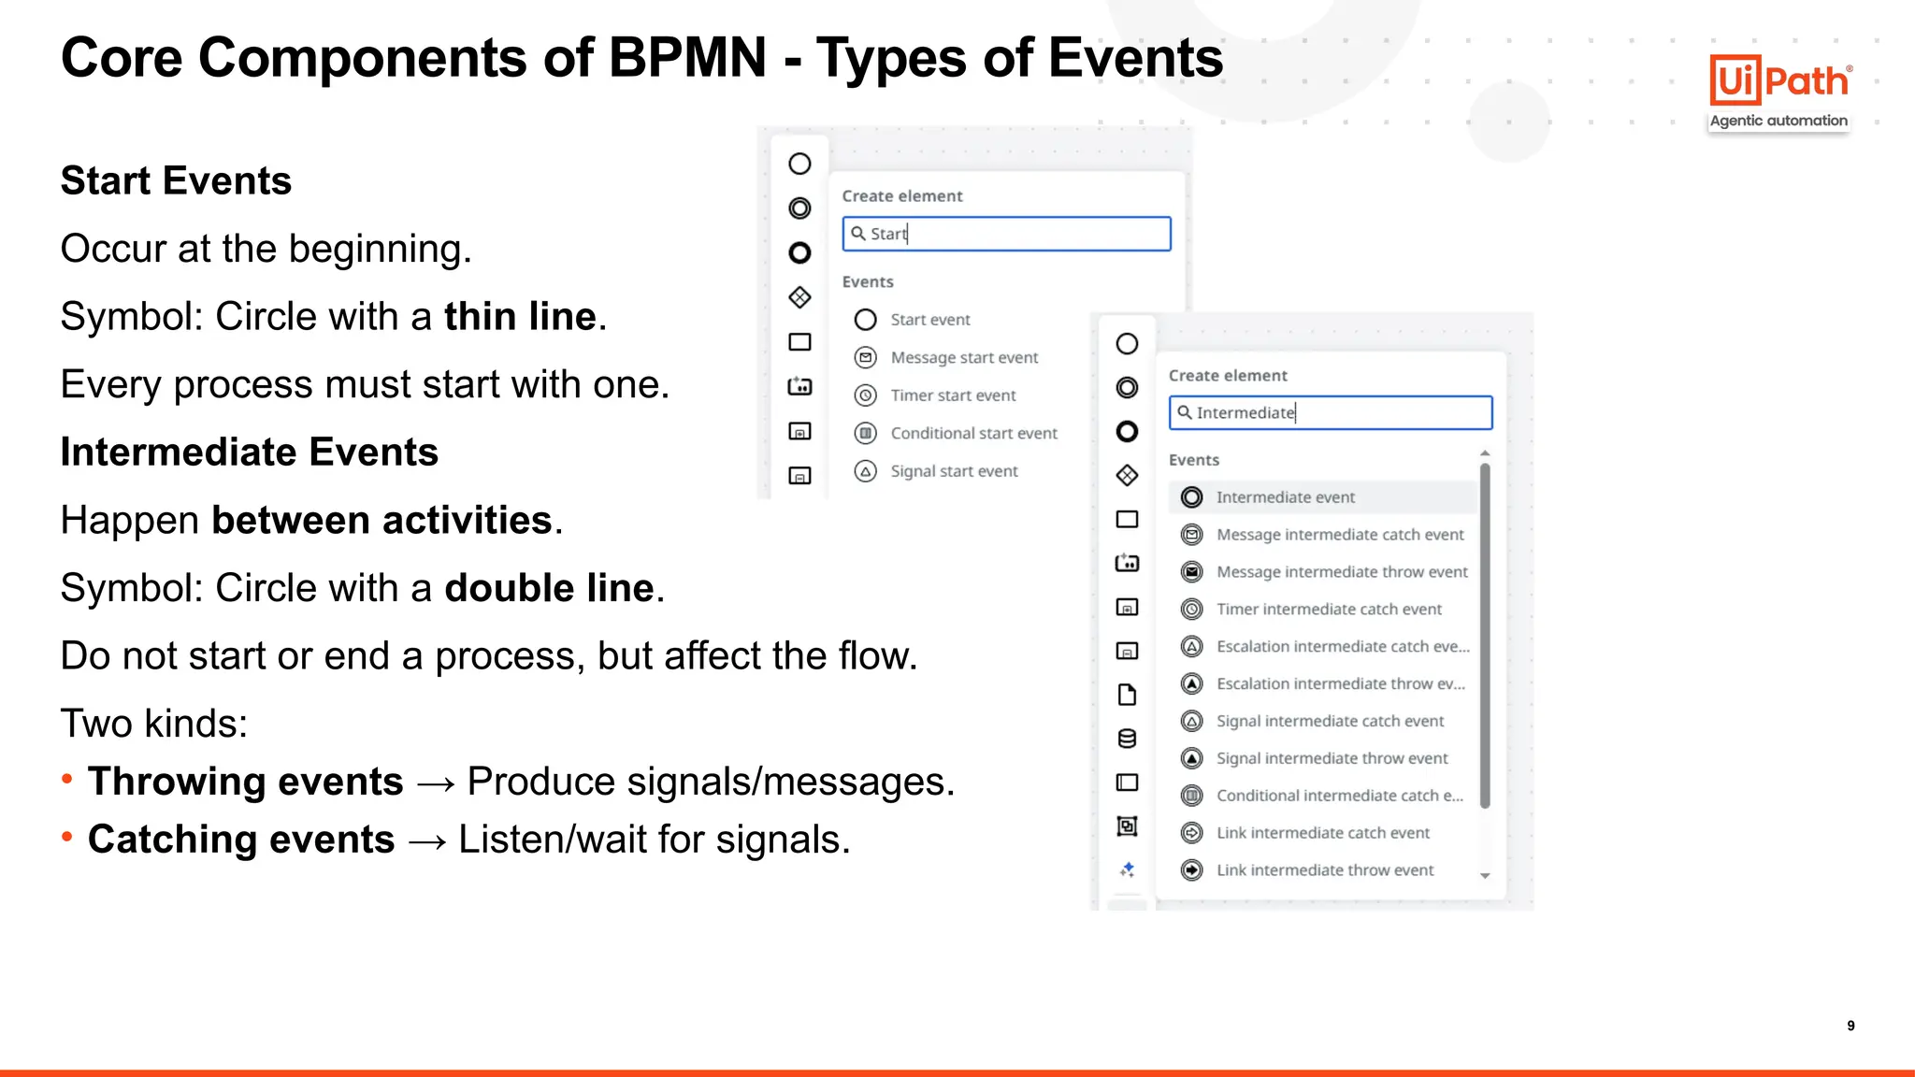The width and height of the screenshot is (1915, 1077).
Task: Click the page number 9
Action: [1850, 1026]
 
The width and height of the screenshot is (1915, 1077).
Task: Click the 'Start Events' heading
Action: [176, 180]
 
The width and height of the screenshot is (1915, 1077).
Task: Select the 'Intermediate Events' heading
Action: [249, 452]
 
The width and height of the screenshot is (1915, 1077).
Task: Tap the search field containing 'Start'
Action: [1006, 234]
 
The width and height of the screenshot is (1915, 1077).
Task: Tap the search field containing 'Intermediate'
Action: [1330, 412]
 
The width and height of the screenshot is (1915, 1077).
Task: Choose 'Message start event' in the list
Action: [963, 358]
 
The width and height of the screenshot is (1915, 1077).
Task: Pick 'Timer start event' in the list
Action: [952, 395]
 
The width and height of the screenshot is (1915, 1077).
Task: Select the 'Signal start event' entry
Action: [953, 471]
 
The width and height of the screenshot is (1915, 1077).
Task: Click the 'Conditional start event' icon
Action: [866, 433]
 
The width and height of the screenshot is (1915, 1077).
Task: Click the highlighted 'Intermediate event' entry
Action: [1285, 497]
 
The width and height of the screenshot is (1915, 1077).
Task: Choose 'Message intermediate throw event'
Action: [1341, 572]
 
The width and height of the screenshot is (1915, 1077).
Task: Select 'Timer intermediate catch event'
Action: [1328, 610]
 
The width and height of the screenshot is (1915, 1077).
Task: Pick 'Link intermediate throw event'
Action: [1324, 870]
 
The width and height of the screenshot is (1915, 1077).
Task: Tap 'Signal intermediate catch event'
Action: [1329, 721]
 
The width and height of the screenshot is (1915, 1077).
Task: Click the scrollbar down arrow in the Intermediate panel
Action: [1485, 876]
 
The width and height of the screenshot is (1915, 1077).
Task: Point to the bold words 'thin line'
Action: [520, 317]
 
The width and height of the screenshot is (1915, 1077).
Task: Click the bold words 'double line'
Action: [549, 588]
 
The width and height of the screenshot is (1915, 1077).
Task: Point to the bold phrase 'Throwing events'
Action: [245, 782]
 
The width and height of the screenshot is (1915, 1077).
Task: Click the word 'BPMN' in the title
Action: [687, 58]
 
